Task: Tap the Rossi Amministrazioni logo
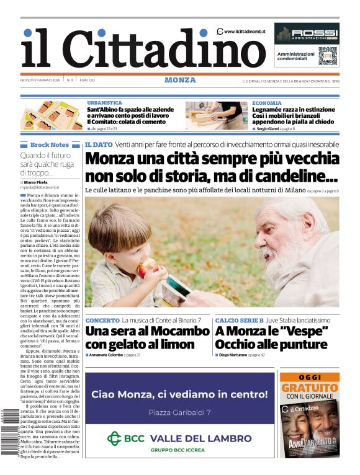[307, 33]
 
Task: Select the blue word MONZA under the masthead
[180, 80]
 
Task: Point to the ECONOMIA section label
[267, 103]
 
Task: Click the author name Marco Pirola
[37, 181]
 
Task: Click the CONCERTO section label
[102, 320]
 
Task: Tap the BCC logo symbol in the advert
[115, 438]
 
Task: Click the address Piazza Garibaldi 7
[179, 412]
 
